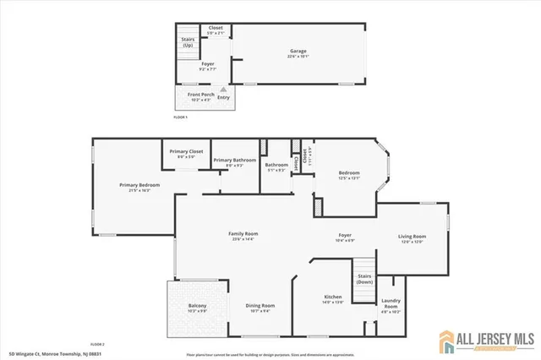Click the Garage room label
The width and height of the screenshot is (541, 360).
tap(297, 52)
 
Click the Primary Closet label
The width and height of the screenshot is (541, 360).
tap(185, 151)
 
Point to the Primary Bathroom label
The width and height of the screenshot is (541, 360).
tap(234, 160)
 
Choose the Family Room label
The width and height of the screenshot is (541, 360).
tap(243, 233)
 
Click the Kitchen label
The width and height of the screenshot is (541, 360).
tap(333, 297)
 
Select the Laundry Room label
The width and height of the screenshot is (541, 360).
tap(391, 302)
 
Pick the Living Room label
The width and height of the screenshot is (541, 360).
tap(413, 237)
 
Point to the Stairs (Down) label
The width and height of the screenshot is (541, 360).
tap(364, 279)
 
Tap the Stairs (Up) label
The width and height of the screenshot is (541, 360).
tap(188, 41)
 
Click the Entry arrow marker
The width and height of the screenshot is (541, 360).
tap(223, 89)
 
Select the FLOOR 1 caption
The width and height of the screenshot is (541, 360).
tap(179, 117)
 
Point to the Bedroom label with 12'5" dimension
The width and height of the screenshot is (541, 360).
tap(349, 174)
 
